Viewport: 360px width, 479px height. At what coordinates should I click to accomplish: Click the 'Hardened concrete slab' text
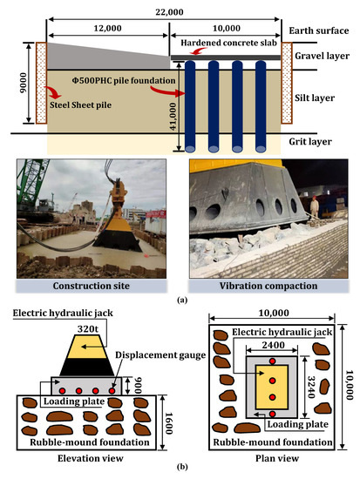pos(225,42)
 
